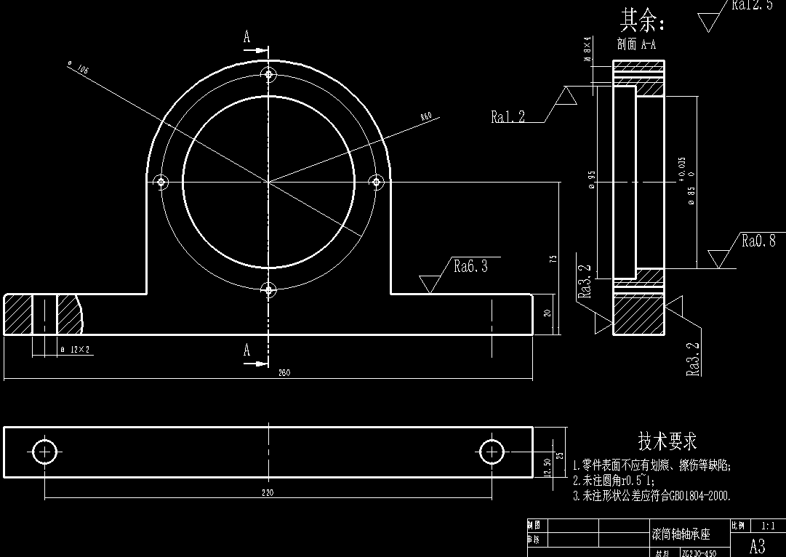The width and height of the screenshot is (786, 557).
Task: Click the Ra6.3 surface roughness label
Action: (x=470, y=266)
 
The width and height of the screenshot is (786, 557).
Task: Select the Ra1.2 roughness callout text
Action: (x=508, y=117)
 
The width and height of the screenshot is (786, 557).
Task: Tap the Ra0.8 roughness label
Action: (x=758, y=241)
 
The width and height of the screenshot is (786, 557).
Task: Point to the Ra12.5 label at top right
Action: (x=752, y=6)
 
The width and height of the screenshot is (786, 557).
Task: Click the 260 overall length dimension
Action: (x=284, y=373)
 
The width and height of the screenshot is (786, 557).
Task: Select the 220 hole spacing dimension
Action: (x=268, y=492)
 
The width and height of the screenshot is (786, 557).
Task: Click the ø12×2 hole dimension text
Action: (x=76, y=350)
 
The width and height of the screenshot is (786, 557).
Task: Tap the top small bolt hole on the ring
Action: (x=269, y=75)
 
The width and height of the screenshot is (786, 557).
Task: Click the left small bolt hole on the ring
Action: (x=161, y=181)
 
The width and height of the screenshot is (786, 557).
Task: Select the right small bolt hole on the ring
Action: (x=376, y=181)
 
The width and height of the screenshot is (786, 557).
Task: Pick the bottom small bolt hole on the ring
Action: (x=269, y=290)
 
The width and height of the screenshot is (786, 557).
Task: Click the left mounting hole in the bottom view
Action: (x=45, y=452)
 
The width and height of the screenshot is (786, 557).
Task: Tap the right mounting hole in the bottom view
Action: (x=492, y=452)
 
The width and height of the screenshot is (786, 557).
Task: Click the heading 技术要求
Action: (x=667, y=441)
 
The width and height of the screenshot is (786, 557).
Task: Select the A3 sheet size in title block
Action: (x=757, y=546)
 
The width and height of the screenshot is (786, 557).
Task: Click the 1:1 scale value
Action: (x=767, y=525)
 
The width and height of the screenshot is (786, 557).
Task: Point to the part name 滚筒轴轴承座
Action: (x=680, y=535)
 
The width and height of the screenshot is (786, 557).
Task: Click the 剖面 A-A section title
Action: (x=636, y=44)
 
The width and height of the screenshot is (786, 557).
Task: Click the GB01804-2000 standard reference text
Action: (x=691, y=496)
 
